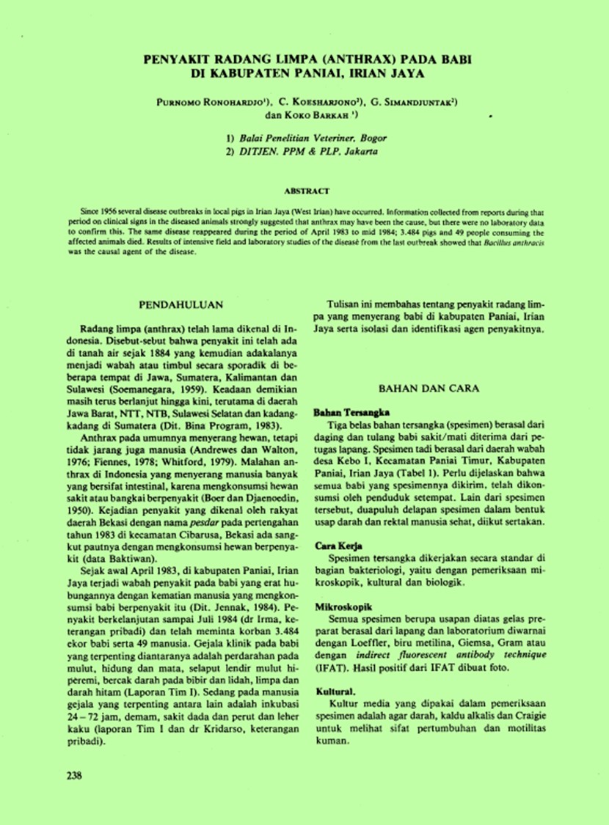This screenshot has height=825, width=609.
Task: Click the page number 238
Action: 74,775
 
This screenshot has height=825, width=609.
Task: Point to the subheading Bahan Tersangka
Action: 346,413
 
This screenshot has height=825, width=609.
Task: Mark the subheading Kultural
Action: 336,691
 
